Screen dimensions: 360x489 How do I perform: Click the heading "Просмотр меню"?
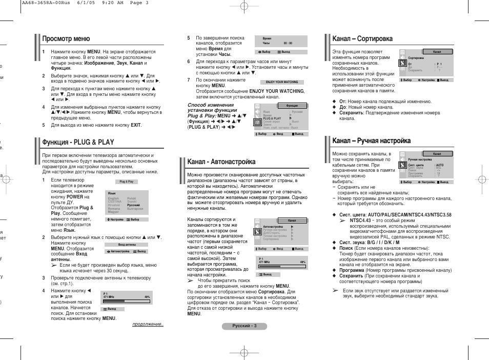click(x=66, y=39)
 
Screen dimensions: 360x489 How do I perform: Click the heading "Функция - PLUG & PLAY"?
click(x=78, y=142)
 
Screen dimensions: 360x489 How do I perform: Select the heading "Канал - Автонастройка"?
click(x=221, y=162)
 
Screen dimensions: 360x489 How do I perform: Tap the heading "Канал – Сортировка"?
click(x=362, y=39)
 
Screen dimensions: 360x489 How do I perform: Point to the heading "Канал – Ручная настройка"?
click(x=371, y=141)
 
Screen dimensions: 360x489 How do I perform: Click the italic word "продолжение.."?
click(x=148, y=324)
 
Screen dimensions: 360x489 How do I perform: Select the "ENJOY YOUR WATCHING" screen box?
click(x=282, y=82)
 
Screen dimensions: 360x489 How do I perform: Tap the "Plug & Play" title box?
click(x=126, y=182)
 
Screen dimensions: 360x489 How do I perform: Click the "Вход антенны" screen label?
click(x=126, y=245)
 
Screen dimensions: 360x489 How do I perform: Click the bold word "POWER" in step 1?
click(x=75, y=196)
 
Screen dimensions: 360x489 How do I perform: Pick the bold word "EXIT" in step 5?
click(x=135, y=125)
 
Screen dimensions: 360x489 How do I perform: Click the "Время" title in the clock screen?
click(x=267, y=38)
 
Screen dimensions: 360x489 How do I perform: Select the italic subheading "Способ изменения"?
click(x=210, y=105)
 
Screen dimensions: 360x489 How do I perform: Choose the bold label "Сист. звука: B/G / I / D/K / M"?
click(x=369, y=242)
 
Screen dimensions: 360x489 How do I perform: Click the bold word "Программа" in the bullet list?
click(x=352, y=270)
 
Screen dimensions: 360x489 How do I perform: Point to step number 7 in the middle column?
click(x=189, y=80)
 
